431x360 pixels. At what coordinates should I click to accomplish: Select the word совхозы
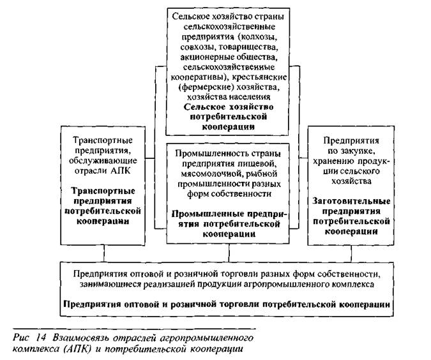(x=196, y=47)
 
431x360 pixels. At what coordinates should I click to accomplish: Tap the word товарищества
(x=246, y=47)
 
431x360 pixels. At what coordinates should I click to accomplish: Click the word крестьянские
(x=259, y=77)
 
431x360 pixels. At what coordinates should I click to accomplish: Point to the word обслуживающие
(x=103, y=161)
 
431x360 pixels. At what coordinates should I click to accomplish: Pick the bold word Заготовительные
(x=351, y=201)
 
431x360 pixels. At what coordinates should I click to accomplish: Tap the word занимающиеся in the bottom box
(x=110, y=284)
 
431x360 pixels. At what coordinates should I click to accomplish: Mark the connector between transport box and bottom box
(x=104, y=253)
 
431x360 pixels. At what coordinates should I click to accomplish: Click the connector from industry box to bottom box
(x=229, y=253)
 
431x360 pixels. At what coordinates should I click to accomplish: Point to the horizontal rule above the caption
(x=134, y=328)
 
